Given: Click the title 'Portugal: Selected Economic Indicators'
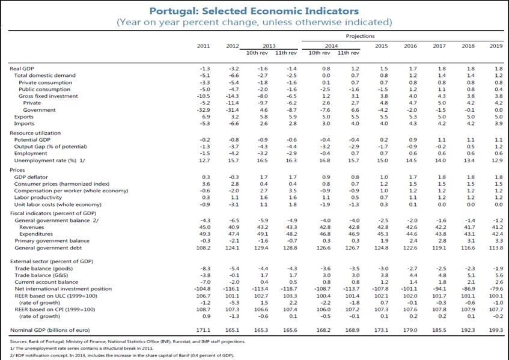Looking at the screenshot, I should click(x=254, y=11).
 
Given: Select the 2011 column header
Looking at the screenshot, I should click(x=204, y=46).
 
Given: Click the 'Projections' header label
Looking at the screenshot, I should click(x=360, y=36).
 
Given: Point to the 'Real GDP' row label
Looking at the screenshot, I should click(x=22, y=69).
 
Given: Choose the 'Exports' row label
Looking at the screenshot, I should click(x=23, y=116).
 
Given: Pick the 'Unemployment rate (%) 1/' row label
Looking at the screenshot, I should click(x=44, y=161).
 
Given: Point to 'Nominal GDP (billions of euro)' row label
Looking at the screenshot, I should click(x=51, y=331).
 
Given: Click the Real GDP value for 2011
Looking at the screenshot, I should click(x=204, y=69).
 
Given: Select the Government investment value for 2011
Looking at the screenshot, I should click(x=203, y=109).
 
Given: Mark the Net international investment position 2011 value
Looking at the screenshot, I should click(x=203, y=288).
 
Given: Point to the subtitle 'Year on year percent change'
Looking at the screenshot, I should click(x=254, y=22).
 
